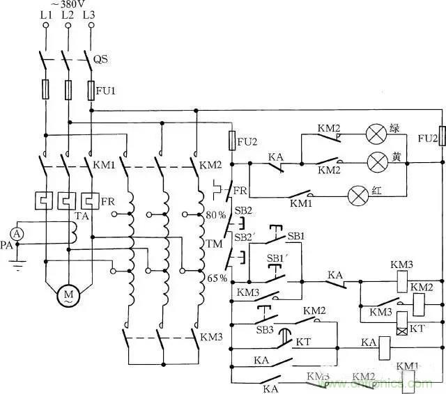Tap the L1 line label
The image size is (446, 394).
(x=47, y=15)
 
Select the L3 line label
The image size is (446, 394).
(x=90, y=15)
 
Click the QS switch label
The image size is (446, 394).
(x=102, y=61)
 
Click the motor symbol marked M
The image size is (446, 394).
(x=68, y=295)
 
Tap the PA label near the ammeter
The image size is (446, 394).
(x=6, y=246)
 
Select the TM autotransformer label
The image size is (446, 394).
(x=214, y=246)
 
